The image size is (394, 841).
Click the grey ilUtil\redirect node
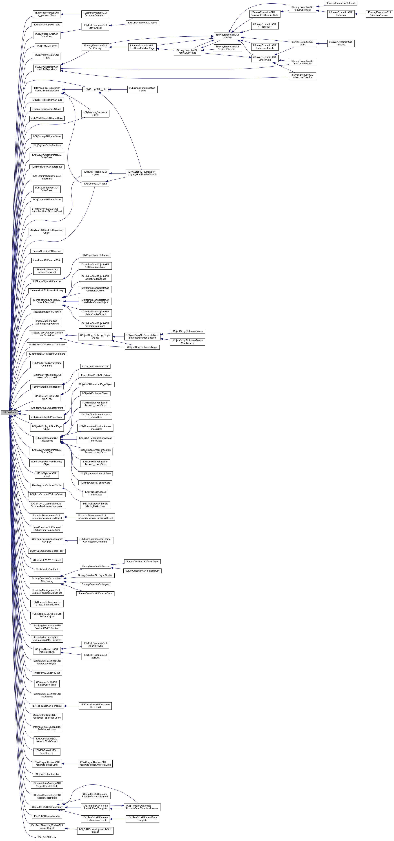click(10, 412)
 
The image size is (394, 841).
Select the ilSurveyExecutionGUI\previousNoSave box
click(379, 14)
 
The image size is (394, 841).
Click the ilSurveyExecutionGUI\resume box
click(341, 43)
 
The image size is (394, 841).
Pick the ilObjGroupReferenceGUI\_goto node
click(142, 89)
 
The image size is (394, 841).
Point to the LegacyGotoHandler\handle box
click(142, 173)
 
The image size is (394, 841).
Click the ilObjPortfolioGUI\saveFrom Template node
click(142, 819)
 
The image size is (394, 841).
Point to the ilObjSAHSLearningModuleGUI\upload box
click(95, 831)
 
